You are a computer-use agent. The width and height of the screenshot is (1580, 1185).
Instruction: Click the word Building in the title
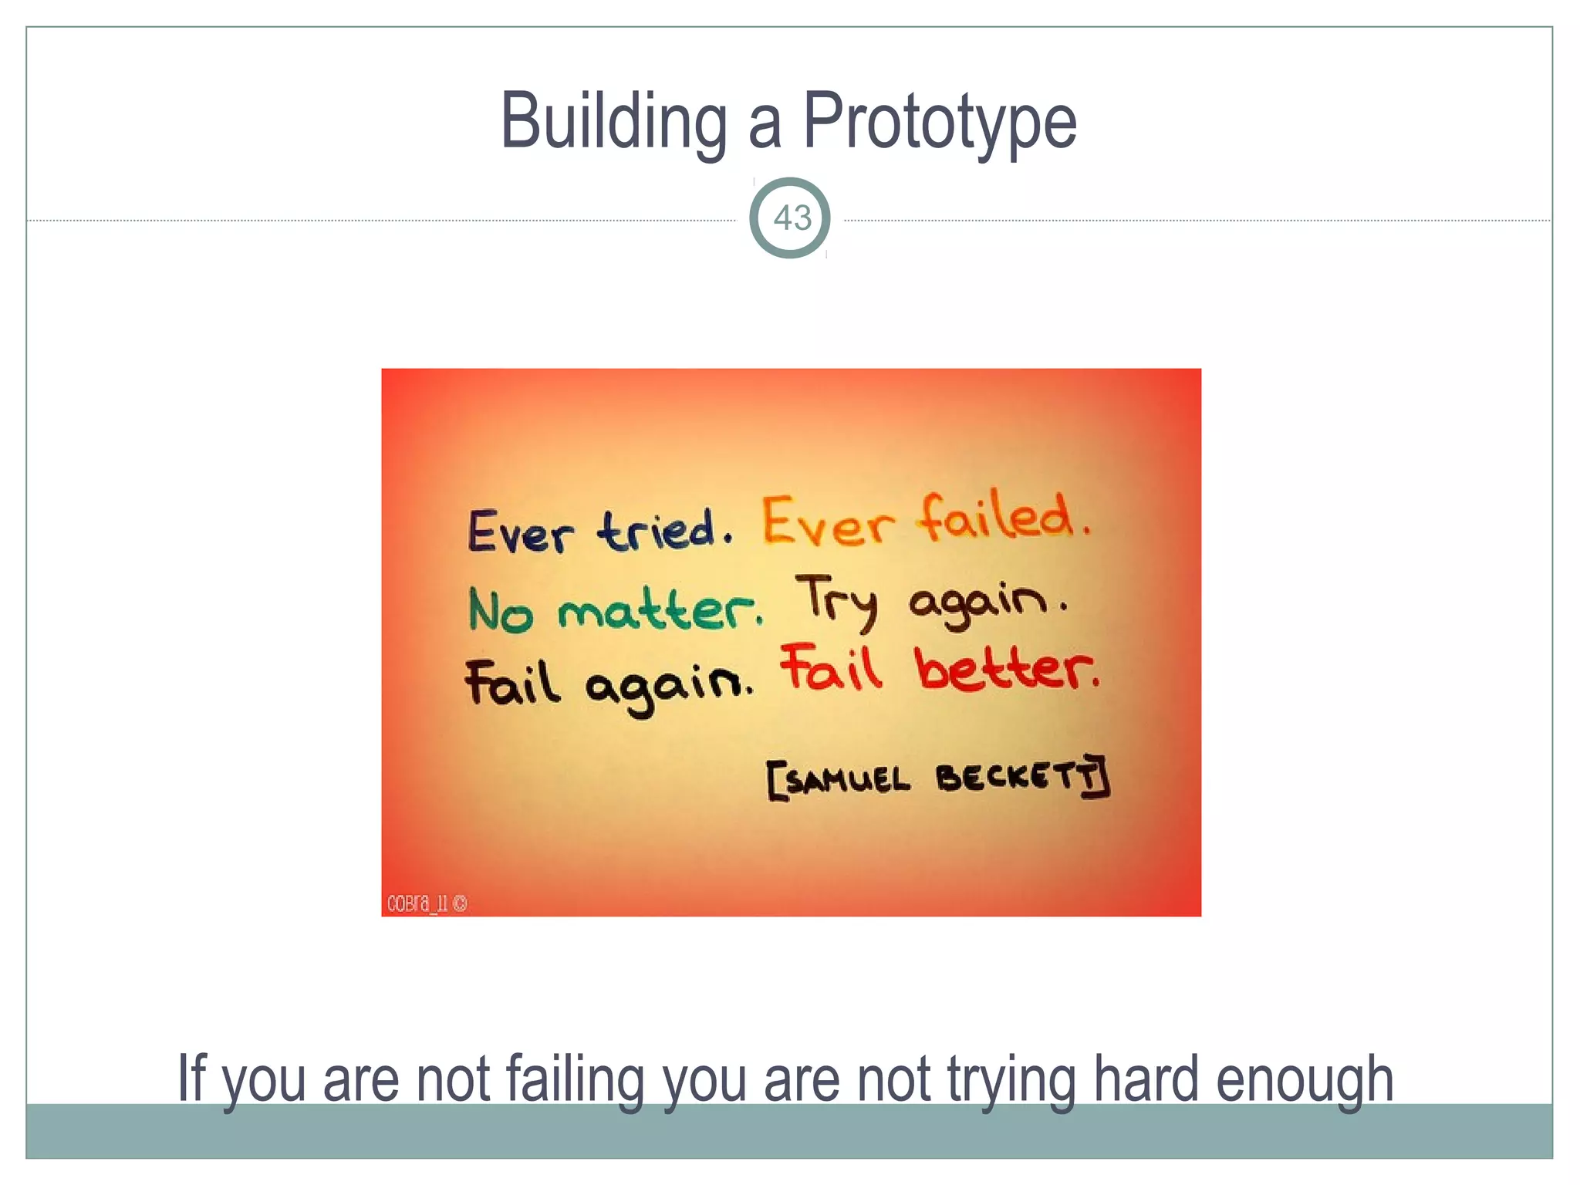[x=613, y=122]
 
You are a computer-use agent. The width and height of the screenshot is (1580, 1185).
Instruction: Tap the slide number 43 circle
[x=790, y=218]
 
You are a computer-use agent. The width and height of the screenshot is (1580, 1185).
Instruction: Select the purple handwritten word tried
[x=657, y=531]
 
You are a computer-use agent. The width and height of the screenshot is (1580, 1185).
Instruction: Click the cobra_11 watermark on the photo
[x=427, y=903]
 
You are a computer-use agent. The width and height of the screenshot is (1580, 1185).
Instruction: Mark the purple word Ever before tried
[x=520, y=532]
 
